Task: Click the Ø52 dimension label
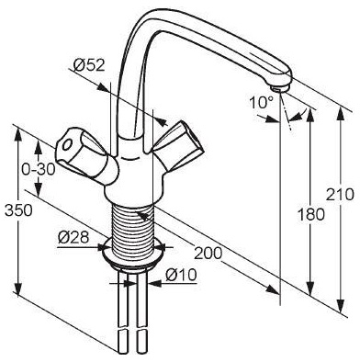(x=89, y=65)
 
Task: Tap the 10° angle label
(x=262, y=102)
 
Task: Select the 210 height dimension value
(x=340, y=194)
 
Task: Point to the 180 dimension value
(x=310, y=214)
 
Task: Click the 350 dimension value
(x=18, y=210)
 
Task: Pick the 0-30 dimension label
(x=38, y=169)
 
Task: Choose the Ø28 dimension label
(x=73, y=237)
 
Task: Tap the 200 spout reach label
(x=208, y=253)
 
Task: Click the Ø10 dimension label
(x=181, y=275)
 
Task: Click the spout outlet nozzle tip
(x=279, y=88)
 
